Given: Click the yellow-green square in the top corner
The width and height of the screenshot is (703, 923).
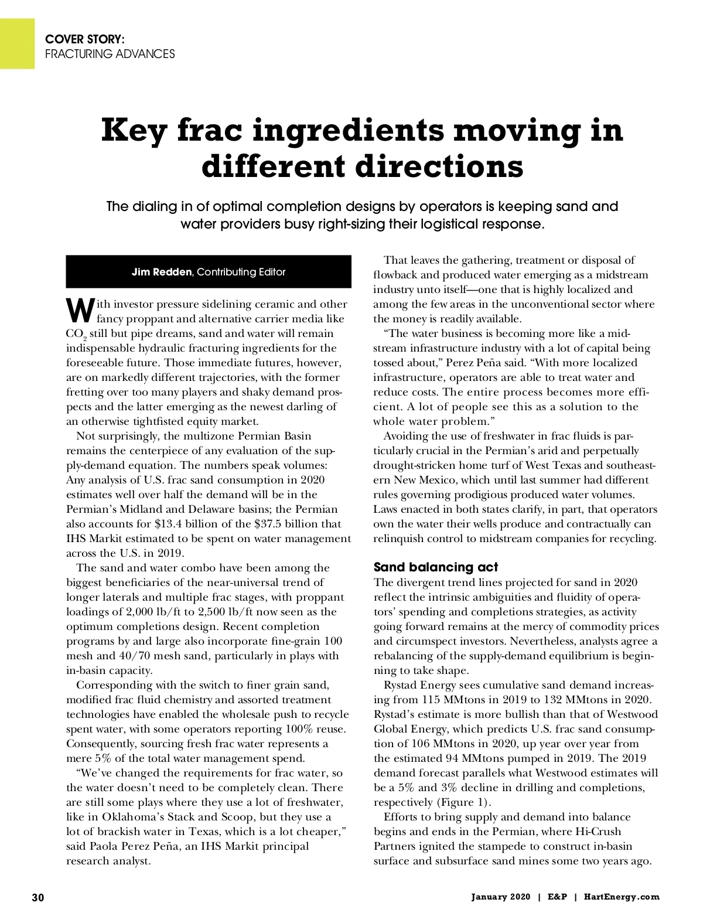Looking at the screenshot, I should [x=17, y=43].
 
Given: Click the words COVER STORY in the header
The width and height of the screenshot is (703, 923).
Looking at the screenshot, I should [x=84, y=39].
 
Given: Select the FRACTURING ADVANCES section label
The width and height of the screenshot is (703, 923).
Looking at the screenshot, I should [x=110, y=54].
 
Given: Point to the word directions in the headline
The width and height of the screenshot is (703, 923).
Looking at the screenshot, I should [x=439, y=166].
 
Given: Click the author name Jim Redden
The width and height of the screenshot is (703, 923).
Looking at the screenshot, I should [x=162, y=272].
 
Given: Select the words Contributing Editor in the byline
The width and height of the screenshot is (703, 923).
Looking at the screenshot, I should [x=242, y=272].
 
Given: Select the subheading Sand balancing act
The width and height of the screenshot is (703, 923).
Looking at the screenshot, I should [x=436, y=567].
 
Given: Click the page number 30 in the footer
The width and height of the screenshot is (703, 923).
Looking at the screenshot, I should [x=38, y=897].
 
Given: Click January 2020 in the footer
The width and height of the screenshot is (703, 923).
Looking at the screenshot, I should [x=501, y=897].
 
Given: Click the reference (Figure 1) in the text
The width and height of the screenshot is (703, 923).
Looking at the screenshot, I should [x=465, y=802].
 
